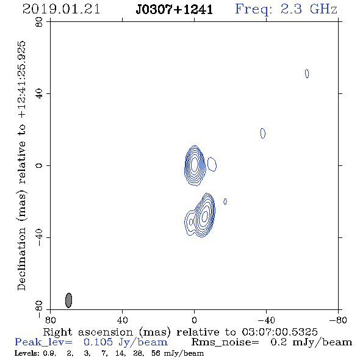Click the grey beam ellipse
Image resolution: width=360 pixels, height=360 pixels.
click(69, 300)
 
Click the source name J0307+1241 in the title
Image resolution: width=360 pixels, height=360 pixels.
click(175, 10)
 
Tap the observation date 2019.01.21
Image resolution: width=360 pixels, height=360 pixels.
click(61, 9)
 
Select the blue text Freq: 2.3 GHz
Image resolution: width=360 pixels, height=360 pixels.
click(286, 10)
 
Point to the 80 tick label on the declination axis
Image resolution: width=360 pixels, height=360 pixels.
click(39, 22)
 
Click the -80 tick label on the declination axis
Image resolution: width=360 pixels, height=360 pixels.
click(39, 309)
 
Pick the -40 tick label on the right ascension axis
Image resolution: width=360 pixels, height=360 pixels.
click(266, 320)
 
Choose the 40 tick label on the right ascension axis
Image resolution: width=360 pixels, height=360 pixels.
click(123, 320)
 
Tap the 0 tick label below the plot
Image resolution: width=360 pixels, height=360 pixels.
click(194, 320)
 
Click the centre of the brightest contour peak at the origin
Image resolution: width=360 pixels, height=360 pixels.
click(195, 164)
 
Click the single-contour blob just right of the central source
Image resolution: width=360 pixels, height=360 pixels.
click(212, 164)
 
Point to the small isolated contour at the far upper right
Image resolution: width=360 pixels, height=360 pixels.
click(307, 73)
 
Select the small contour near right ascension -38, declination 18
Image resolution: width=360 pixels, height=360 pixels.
click(263, 133)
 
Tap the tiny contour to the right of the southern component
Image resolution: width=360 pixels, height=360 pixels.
click(225, 201)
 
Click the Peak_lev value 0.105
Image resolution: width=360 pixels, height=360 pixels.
click(98, 342)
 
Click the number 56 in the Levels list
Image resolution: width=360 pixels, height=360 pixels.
click(156, 353)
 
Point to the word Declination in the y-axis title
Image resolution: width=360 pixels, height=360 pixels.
click(21, 259)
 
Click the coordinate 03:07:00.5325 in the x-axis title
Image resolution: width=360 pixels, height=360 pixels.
click(279, 332)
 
